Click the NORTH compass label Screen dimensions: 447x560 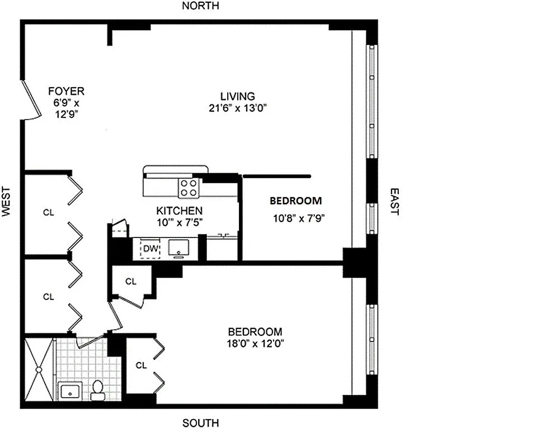tap(201, 6)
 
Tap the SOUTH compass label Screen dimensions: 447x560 tap(201, 423)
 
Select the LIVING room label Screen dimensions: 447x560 tap(237, 97)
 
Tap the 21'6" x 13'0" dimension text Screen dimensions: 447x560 tap(237, 108)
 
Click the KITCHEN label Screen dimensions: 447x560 tap(179, 211)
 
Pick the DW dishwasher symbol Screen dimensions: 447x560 tap(149, 248)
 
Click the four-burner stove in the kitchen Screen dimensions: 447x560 tap(188, 187)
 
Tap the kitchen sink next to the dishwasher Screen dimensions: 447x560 tap(180, 248)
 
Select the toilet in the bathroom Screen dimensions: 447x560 tap(98, 389)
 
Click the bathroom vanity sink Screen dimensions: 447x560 tap(70, 391)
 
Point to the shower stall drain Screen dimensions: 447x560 tap(39, 368)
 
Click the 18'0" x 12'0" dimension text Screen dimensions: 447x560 tap(254, 344)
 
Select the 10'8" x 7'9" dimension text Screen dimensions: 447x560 tap(298, 218)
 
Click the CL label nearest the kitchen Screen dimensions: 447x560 tap(130, 282)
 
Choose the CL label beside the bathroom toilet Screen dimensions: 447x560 tap(141, 365)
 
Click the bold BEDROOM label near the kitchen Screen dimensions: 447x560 tap(296, 201)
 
